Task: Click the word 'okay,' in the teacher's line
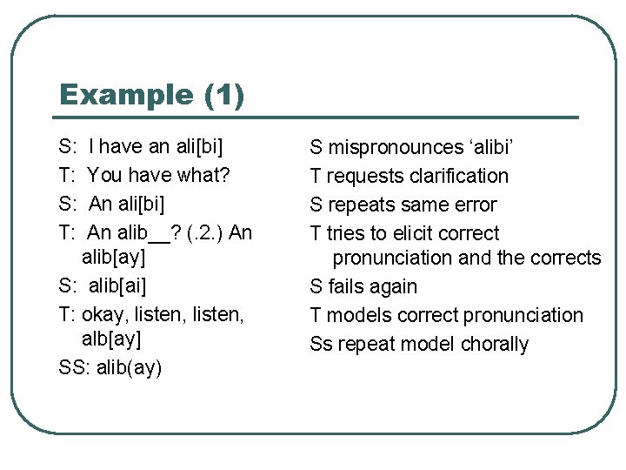point(107,315)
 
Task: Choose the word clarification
point(456,176)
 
